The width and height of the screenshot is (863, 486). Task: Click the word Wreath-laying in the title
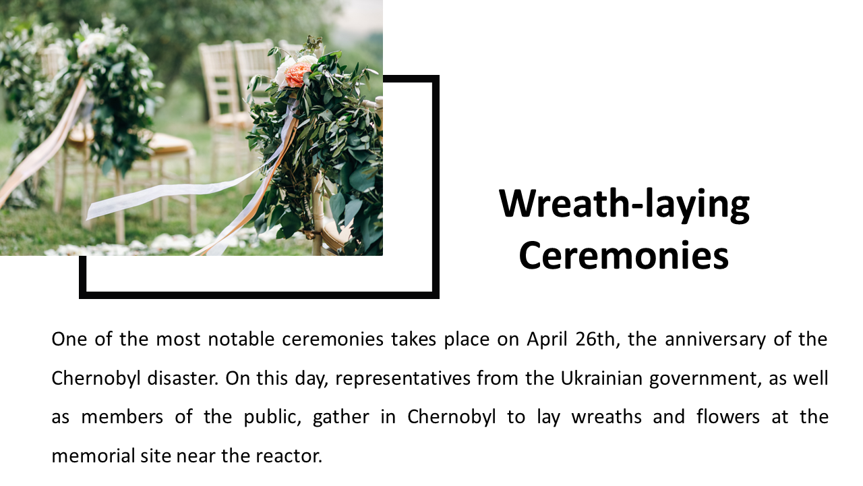coord(624,205)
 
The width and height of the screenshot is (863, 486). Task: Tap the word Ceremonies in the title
coord(624,255)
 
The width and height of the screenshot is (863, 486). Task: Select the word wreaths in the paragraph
coord(606,417)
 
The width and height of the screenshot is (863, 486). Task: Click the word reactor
coord(289,456)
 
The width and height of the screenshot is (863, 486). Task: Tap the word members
coord(122,417)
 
